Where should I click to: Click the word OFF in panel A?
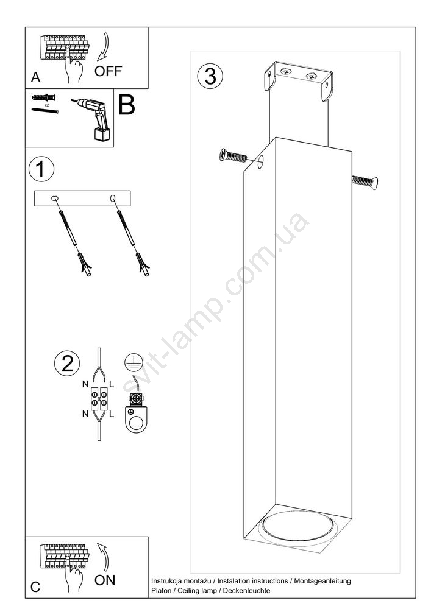[x=108, y=71]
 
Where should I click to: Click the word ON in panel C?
[x=105, y=580]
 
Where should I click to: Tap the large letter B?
[x=126, y=104]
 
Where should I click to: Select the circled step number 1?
[x=41, y=169]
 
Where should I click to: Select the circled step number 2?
[x=67, y=364]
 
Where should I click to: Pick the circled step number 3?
[x=210, y=76]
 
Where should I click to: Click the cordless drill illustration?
[x=93, y=119]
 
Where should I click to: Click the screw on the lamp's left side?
[x=233, y=156]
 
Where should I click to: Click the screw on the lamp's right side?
[x=365, y=181]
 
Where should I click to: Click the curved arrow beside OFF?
[x=104, y=48]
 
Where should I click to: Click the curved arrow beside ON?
[x=104, y=558]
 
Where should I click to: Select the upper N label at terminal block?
[x=85, y=384]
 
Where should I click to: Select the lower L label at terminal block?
[x=112, y=414]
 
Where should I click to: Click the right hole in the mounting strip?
[x=113, y=199]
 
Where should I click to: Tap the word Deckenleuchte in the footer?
[x=246, y=591]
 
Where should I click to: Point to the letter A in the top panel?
[x=35, y=77]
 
